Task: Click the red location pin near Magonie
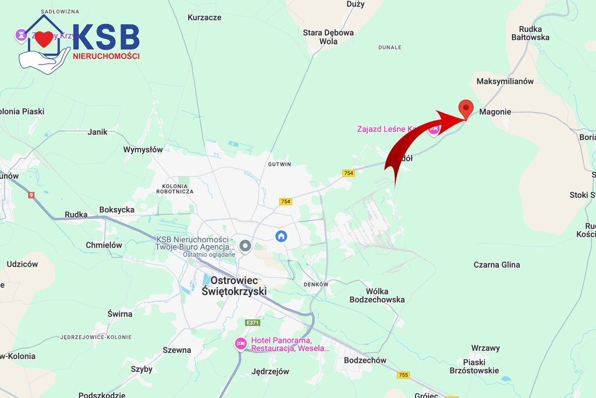(466, 108)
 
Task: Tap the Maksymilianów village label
(505, 82)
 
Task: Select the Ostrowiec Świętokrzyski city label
(234, 286)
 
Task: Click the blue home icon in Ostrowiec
(281, 236)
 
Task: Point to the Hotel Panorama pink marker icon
(240, 344)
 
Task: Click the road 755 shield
(403, 375)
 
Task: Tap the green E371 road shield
(252, 322)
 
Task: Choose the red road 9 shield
(31, 195)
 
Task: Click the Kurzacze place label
(204, 17)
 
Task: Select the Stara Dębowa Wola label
(328, 37)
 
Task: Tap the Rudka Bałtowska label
(530, 33)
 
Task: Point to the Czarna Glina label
(496, 265)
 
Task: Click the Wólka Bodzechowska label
(377, 295)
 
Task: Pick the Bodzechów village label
(365, 360)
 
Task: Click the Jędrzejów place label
(270, 371)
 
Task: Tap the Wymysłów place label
(143, 150)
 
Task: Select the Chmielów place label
(104, 245)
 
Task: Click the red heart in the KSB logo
(44, 40)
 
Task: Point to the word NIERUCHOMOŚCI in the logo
(106, 56)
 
